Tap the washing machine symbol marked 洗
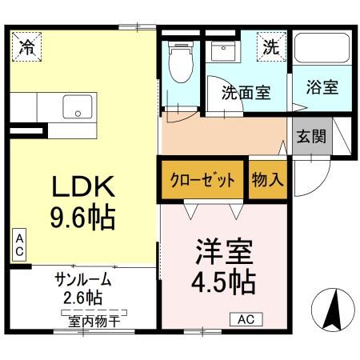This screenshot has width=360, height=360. [273, 46]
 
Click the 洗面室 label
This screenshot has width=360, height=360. [245, 92]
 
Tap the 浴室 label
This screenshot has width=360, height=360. [321, 86]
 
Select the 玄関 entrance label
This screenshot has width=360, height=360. [313, 136]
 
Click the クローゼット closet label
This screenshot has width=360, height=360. [202, 178]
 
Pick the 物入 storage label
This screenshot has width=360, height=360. [268, 178]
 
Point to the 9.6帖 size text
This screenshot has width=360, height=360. [85, 216]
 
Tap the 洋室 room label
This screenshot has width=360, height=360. [224, 251]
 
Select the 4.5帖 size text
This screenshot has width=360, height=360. [225, 282]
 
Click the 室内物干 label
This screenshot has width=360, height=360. [88, 322]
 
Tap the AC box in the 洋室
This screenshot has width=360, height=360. [246, 319]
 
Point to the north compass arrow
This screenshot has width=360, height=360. [332, 309]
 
